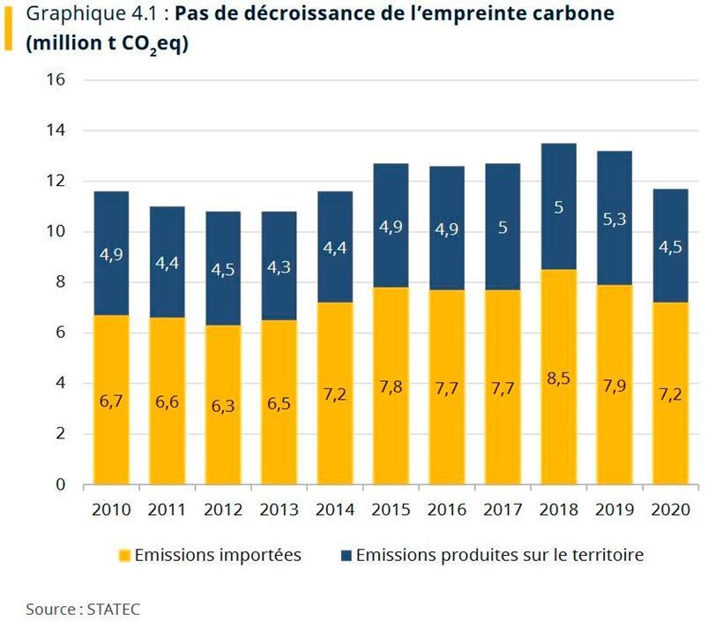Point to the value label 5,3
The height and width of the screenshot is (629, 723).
tap(615, 219)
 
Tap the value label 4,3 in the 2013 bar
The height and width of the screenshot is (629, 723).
tap(279, 266)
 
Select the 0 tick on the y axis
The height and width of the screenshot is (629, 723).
tap(60, 485)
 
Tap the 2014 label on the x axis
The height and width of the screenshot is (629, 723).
tap(335, 510)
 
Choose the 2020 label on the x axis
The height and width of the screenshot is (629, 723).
tap(670, 510)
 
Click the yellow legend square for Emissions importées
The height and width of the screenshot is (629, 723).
tap(123, 556)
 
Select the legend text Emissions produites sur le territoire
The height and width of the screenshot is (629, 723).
tap(499, 555)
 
